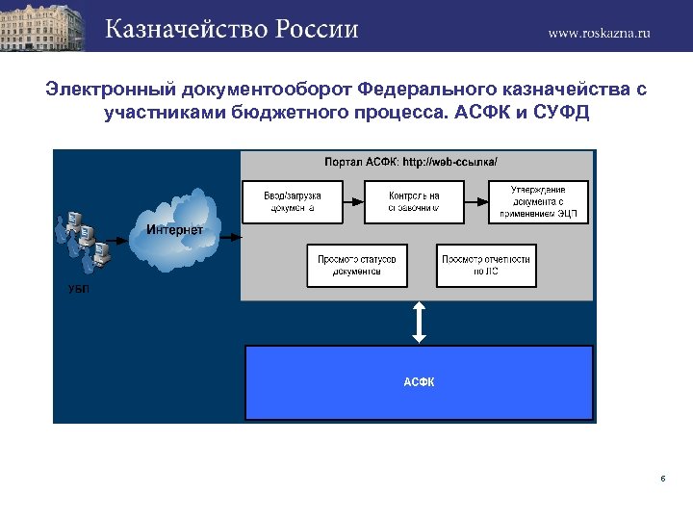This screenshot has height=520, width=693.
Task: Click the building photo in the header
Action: pyautogui.click(x=43, y=25)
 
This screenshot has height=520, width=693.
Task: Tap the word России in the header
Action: pyautogui.click(x=318, y=29)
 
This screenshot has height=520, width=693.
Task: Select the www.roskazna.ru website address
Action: pyautogui.click(x=599, y=32)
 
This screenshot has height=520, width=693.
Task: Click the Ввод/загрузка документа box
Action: pyautogui.click(x=293, y=201)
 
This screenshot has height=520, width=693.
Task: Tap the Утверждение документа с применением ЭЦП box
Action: pyautogui.click(x=538, y=201)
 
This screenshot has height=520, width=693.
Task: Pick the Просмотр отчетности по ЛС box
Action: pyautogui.click(x=486, y=265)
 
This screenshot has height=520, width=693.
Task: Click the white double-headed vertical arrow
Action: pyautogui.click(x=419, y=321)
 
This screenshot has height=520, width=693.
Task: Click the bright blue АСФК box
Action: pyautogui.click(x=419, y=382)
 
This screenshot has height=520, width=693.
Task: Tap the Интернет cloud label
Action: pyautogui.click(x=174, y=229)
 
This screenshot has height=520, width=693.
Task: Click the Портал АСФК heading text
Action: pyautogui.click(x=411, y=162)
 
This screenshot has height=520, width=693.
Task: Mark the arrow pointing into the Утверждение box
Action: pyautogui.click(x=477, y=201)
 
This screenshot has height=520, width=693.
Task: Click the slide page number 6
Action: pyautogui.click(x=663, y=479)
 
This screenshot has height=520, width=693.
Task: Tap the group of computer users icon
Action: pyautogui.click(x=85, y=241)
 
